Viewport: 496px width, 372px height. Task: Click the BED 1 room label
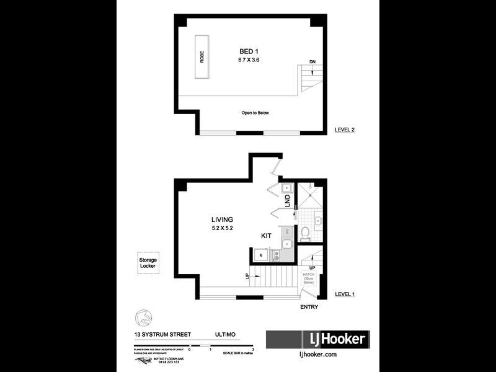[250, 51]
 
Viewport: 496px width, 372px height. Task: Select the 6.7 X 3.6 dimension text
[250, 60]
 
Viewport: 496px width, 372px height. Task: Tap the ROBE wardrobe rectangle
[201, 57]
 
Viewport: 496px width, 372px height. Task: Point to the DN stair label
[313, 62]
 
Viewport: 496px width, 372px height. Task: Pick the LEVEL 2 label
[345, 130]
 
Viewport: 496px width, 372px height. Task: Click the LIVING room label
[222, 219]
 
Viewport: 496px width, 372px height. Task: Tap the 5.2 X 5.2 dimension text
[222, 228]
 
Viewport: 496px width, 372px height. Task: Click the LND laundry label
[287, 201]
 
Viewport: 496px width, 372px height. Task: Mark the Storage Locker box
[148, 263]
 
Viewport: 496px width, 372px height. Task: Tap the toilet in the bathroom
[304, 234]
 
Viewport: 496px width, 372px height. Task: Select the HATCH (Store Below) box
[309, 278]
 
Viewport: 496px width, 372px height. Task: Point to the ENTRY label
[309, 307]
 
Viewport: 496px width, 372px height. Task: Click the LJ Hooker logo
[318, 340]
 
